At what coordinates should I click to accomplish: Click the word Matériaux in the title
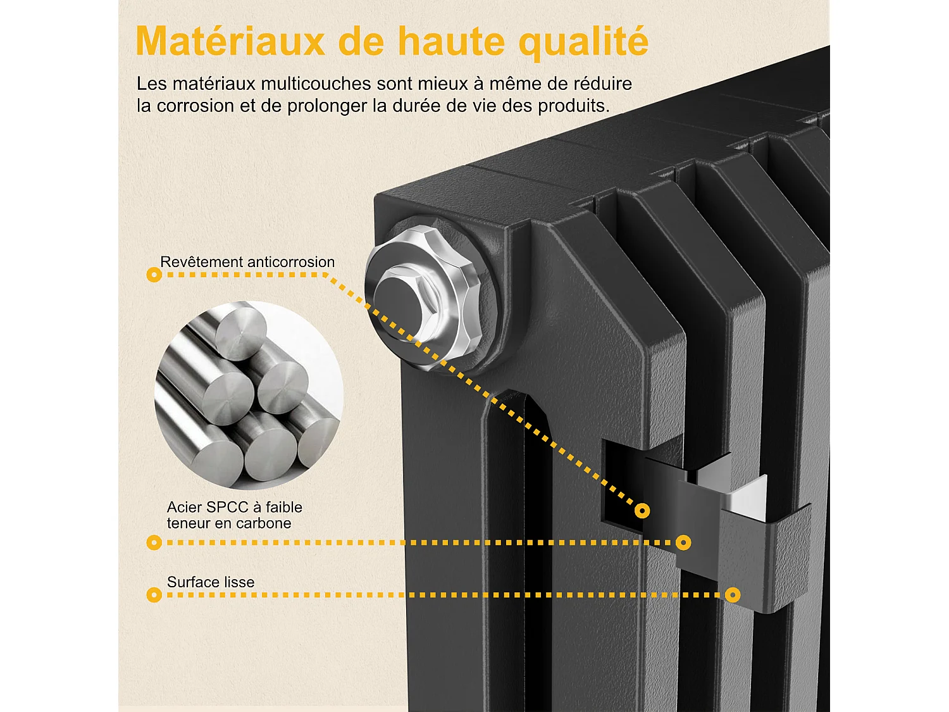230,42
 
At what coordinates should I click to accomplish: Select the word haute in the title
451,42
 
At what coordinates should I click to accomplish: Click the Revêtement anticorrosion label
247,262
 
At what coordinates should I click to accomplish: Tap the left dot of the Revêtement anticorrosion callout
154,275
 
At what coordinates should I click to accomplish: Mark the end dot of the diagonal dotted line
642,510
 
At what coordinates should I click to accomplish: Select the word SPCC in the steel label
228,507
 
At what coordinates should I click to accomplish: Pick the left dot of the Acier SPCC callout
154,542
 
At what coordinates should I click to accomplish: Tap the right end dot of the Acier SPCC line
683,542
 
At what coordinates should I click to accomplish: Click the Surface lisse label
211,582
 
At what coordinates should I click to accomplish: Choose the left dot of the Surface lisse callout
154,595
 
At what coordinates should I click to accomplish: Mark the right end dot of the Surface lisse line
733,595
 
